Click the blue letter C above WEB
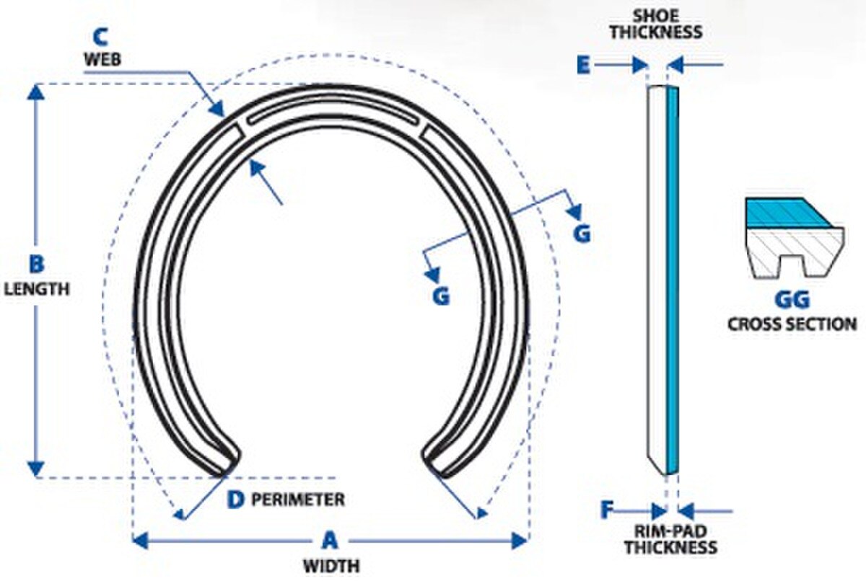point(101,37)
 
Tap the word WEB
point(102,59)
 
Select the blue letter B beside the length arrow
point(37,265)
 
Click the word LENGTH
point(37,289)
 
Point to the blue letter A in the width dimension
point(330,540)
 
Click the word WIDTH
point(332,567)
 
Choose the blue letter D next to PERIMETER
point(235,500)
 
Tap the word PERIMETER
point(298,500)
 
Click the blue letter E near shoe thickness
point(583,66)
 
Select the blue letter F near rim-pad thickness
point(607,510)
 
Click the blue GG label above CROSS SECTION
point(792,300)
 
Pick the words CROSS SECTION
point(792,324)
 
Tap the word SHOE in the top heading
point(656,16)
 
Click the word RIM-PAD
point(670,531)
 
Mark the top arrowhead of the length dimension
point(36,93)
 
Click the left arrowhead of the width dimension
point(139,541)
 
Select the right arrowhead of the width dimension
point(519,541)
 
